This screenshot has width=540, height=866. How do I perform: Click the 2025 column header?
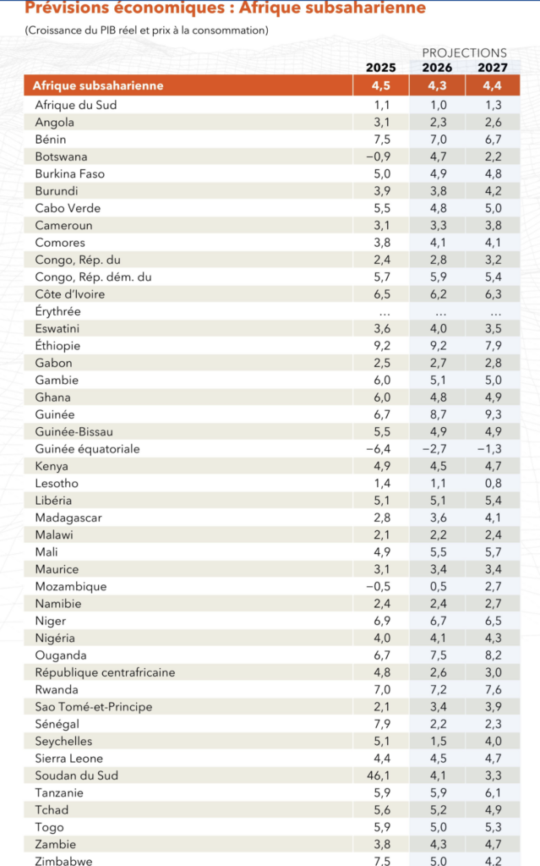[x=380, y=68]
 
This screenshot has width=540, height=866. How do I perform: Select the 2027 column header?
[x=493, y=68]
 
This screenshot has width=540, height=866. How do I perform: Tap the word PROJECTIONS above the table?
[x=464, y=52]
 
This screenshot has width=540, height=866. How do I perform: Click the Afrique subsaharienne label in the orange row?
[x=98, y=85]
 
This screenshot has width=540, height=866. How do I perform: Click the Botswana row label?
[x=61, y=156]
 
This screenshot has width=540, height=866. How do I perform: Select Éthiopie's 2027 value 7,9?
[x=494, y=345]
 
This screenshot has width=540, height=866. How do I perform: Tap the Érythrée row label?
[x=57, y=311]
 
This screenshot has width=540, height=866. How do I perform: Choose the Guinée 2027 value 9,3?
[x=494, y=414]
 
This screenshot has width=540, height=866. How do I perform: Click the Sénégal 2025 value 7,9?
[x=380, y=724]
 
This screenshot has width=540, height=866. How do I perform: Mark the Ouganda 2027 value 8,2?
[x=494, y=655]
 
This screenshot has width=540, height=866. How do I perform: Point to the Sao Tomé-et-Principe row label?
[x=94, y=707]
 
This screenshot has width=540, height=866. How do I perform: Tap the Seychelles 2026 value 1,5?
[x=437, y=741]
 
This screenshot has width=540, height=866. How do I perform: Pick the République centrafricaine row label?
[x=105, y=672]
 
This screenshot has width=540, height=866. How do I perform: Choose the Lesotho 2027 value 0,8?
[x=494, y=483]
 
